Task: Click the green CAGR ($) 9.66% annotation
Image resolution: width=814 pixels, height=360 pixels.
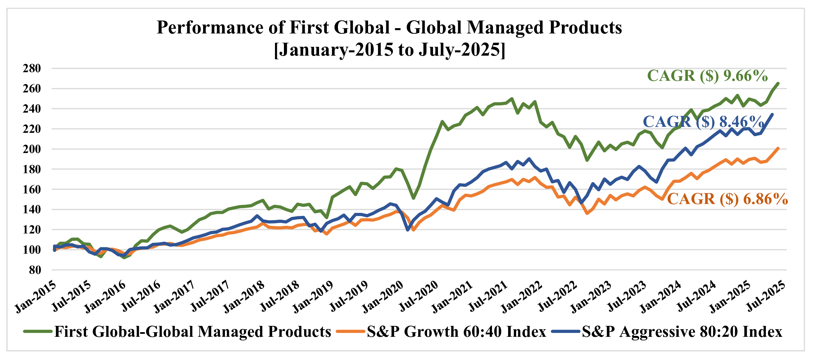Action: pos(707,76)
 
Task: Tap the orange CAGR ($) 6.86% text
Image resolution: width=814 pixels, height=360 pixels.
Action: pos(727,199)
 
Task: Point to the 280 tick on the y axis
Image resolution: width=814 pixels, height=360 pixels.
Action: pos(32,69)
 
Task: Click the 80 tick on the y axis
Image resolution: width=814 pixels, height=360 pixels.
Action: pos(35,270)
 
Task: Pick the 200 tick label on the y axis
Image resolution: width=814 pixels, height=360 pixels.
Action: pos(32,149)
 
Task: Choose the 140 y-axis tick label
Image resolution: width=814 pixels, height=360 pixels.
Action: pos(32,210)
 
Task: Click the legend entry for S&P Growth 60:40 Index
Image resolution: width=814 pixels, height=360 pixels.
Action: pos(456,332)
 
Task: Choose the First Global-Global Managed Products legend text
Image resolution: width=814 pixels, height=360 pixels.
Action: pos(192,332)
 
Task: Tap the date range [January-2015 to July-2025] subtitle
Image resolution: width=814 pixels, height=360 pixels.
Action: pos(390,50)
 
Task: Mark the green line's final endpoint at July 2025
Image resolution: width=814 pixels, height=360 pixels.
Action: pos(778,83)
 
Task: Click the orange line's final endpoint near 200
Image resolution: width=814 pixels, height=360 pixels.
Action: pos(778,148)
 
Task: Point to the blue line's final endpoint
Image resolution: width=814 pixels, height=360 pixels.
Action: pos(773,115)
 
